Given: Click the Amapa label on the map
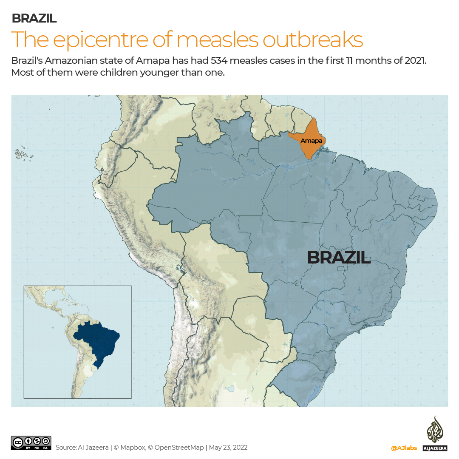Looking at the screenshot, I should [311, 141].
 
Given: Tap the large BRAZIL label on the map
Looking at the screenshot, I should [338, 258].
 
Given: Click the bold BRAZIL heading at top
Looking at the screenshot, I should [34, 18].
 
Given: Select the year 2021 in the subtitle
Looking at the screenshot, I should [414, 60].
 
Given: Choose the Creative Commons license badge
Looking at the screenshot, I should [31, 443].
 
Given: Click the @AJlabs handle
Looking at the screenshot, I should [404, 448].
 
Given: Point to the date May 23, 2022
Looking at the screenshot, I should [229, 448].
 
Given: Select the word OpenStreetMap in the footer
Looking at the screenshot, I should [180, 448].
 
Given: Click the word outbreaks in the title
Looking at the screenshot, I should [313, 39].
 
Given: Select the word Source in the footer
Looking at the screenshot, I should [65, 448].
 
